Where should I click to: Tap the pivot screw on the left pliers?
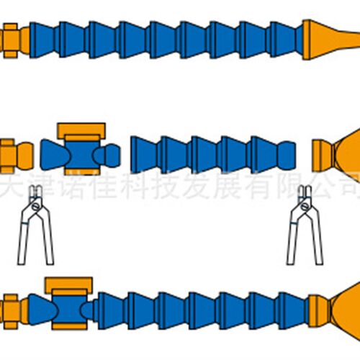click(36, 206)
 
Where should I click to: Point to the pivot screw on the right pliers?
click(305, 206)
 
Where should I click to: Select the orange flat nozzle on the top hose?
click(330, 40)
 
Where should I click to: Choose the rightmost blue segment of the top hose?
click(285, 40)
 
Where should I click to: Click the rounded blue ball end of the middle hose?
click(287, 155)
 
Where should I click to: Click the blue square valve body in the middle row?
click(82, 155)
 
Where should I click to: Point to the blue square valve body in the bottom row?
click(70, 310)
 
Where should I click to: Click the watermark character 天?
click(9, 186)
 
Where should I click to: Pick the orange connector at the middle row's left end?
click(16, 156)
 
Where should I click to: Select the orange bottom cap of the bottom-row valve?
click(70, 326)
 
